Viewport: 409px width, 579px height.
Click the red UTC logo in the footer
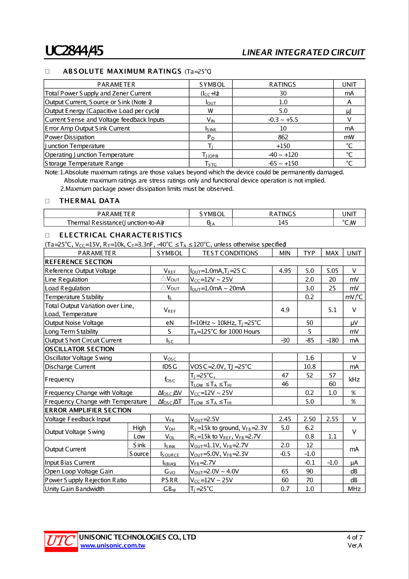(61, 541)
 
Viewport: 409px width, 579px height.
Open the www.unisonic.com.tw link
(113, 545)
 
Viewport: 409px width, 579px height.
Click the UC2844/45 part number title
(74, 51)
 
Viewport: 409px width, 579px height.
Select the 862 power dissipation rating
(283, 137)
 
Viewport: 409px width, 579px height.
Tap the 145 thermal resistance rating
(283, 223)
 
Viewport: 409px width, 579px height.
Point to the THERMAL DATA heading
(89, 201)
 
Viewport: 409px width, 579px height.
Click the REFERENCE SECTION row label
(79, 262)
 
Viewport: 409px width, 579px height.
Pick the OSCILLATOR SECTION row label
(79, 349)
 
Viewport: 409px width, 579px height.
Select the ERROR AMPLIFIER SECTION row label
(88, 410)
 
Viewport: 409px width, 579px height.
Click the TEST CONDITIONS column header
(230, 253)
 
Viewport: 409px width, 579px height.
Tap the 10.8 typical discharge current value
(309, 367)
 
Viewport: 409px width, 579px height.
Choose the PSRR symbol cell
(170, 480)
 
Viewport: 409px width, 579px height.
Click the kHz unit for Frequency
(354, 380)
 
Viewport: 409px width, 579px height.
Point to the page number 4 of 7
(355, 537)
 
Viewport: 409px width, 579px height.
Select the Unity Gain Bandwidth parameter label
(75, 489)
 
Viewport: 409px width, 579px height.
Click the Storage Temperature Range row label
(84, 163)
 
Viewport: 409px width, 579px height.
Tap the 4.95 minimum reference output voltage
(285, 271)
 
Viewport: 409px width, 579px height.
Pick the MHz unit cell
(354, 489)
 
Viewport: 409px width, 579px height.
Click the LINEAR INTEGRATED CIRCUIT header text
(303, 52)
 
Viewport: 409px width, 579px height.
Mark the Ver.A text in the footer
(355, 545)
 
